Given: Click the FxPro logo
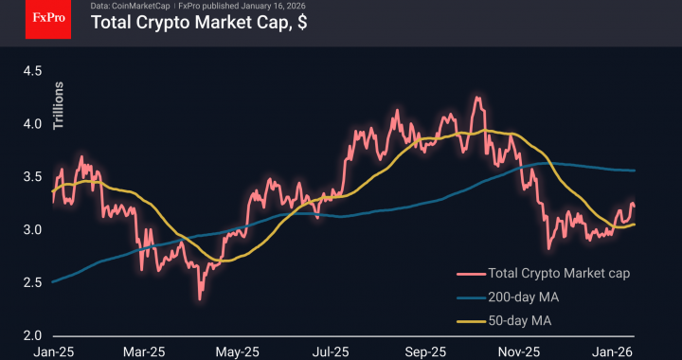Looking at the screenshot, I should point(46,19).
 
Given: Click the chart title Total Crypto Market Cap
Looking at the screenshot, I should point(198,23).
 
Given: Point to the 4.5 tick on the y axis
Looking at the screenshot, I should point(34,70).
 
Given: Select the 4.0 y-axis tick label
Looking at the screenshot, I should point(34,123).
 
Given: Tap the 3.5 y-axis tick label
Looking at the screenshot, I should point(34,176).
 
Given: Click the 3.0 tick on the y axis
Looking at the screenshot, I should point(34,229).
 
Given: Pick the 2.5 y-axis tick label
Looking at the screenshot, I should point(34,282).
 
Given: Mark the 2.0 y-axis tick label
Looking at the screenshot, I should point(34,335).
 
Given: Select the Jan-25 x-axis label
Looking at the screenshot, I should point(53,351).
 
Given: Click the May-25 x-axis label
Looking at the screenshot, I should point(238,351).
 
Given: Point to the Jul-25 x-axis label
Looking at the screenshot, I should point(332,351).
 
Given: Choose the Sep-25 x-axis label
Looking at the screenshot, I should point(424,351).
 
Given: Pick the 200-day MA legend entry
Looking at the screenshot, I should point(523,297).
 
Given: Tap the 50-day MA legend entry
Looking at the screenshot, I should point(519,321).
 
